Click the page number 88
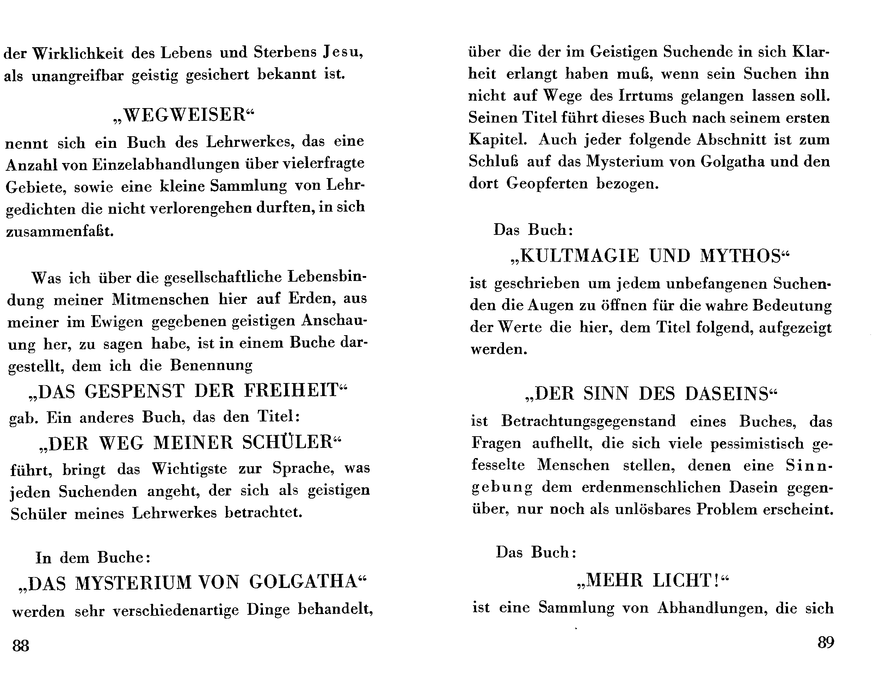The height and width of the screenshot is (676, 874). tap(21, 646)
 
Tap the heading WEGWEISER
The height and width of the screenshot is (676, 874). tap(184, 115)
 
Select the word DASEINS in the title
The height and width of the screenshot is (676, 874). tap(727, 394)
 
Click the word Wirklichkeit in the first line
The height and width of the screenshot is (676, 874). tap(78, 53)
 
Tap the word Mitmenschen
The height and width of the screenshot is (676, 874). tap(160, 299)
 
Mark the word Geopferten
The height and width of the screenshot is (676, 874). tap(547, 183)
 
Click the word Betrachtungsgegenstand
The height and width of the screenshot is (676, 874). tap(588, 421)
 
